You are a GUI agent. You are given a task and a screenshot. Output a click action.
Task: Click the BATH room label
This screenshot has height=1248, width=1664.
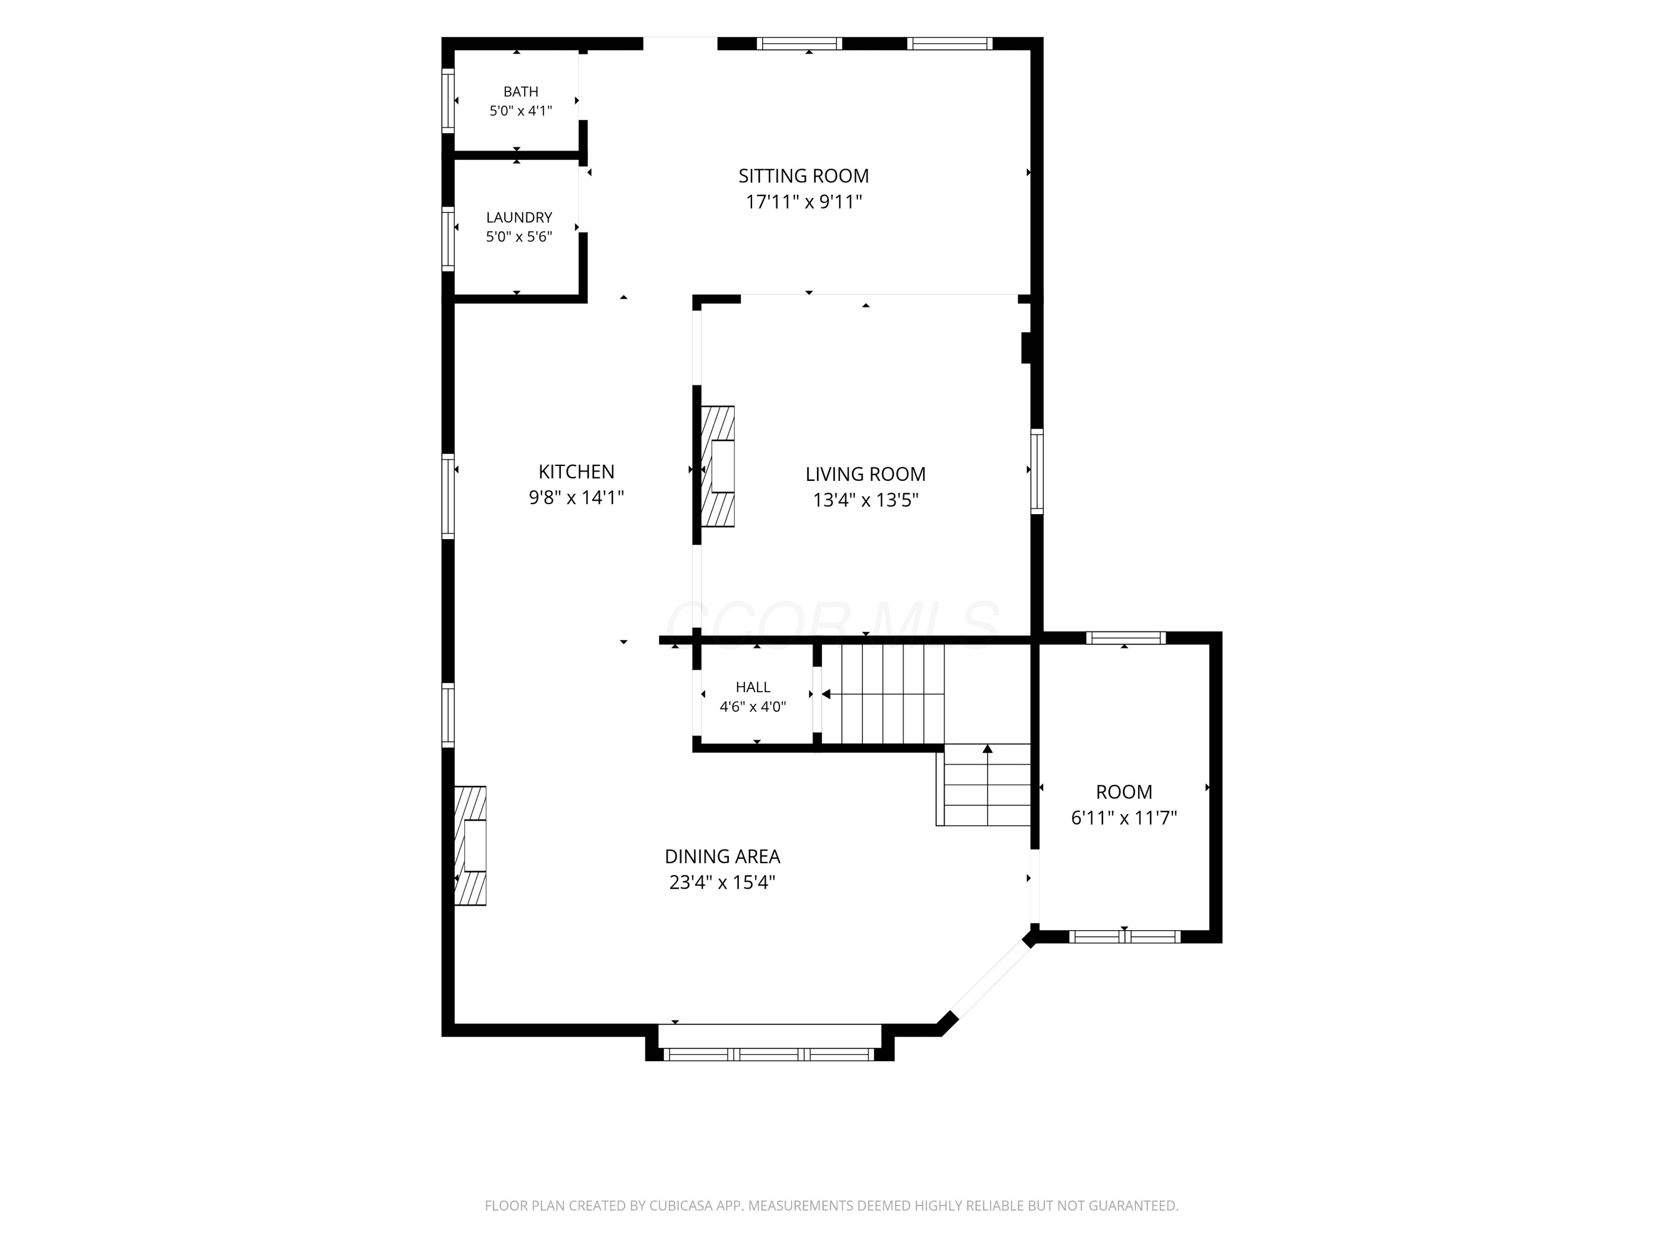(x=521, y=92)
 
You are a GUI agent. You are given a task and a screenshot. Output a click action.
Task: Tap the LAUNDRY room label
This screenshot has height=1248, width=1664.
(x=519, y=217)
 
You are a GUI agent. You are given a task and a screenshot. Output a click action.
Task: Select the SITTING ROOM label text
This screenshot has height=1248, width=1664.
(x=803, y=176)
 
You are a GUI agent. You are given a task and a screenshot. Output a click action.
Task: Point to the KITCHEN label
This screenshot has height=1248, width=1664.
(x=576, y=471)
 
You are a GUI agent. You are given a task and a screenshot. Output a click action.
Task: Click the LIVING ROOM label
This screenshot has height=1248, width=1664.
(x=865, y=474)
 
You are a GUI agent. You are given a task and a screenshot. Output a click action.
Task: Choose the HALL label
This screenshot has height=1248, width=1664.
(x=753, y=687)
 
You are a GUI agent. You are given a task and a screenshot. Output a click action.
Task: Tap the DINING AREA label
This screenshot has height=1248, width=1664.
(x=722, y=856)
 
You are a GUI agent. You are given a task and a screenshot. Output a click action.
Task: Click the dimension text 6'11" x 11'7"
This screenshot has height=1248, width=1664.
(x=1124, y=818)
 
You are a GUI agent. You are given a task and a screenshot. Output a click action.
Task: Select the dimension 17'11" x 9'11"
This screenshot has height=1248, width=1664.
(x=803, y=201)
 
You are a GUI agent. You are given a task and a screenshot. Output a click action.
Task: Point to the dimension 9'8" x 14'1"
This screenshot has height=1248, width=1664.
(x=576, y=497)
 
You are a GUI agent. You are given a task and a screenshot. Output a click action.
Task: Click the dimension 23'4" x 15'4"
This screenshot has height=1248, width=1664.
(x=722, y=882)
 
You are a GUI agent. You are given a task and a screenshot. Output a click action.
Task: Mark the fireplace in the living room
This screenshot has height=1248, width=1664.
(x=718, y=466)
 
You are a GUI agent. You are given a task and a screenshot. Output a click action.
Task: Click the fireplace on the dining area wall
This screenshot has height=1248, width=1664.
(x=470, y=845)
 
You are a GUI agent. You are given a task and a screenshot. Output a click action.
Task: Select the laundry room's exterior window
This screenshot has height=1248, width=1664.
(x=448, y=239)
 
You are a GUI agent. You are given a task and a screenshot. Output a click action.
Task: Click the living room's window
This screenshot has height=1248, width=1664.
(x=1037, y=471)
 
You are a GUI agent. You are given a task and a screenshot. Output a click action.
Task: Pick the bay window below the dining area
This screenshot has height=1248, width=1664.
(x=769, y=1054)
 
